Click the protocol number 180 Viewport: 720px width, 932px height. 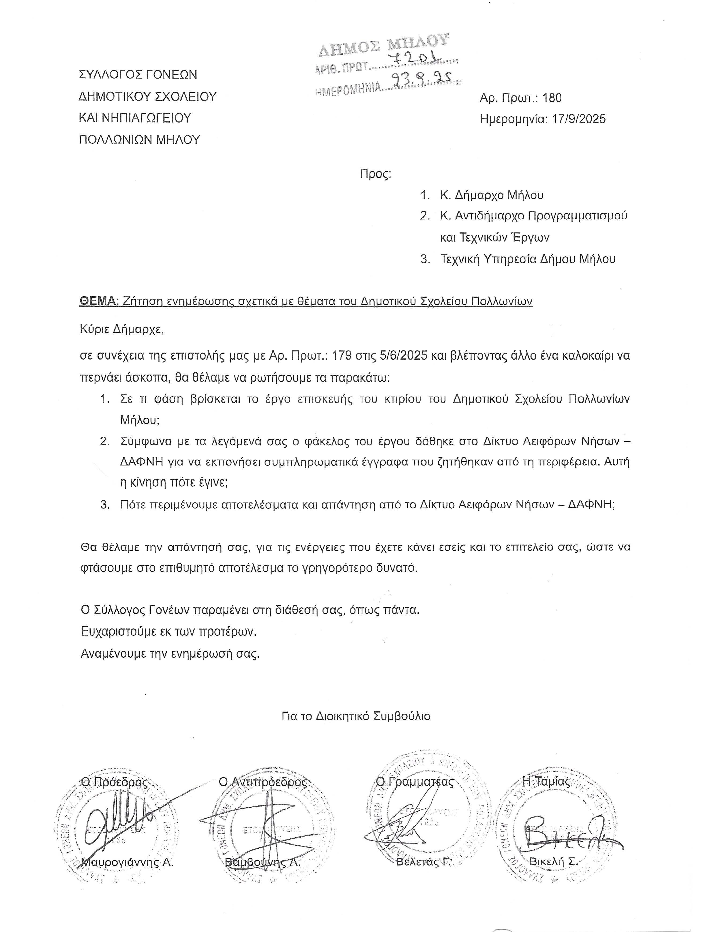click(x=552, y=98)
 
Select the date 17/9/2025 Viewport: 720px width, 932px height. click(x=578, y=119)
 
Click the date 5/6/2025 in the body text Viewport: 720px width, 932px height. click(x=403, y=356)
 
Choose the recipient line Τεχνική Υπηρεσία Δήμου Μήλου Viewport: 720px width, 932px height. click(x=528, y=259)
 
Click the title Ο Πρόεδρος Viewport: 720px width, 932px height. click(x=115, y=782)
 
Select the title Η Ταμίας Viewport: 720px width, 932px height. click(x=546, y=781)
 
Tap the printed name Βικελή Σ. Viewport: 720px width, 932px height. click(x=553, y=861)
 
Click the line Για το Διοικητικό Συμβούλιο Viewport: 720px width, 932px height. click(x=356, y=716)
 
